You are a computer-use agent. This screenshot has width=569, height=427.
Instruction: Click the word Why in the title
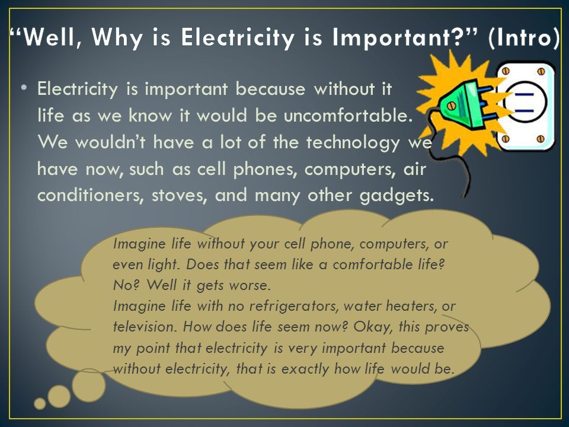[117, 37]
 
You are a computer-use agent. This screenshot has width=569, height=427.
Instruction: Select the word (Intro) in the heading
[525, 37]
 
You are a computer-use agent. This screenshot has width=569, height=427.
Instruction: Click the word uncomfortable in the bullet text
[349, 116]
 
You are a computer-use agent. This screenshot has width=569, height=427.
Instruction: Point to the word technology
[353, 142]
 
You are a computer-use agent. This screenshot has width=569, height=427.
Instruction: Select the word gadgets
[397, 196]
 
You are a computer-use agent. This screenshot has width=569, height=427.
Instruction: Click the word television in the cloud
[145, 327]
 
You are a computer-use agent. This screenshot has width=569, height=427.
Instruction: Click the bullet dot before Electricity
[24, 88]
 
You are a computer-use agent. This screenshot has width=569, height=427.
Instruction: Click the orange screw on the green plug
[452, 106]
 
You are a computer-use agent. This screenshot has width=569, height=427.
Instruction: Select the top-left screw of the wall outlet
[506, 72]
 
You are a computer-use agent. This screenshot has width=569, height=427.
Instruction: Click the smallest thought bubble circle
[40, 403]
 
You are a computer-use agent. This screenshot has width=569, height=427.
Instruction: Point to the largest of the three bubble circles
[88, 385]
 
